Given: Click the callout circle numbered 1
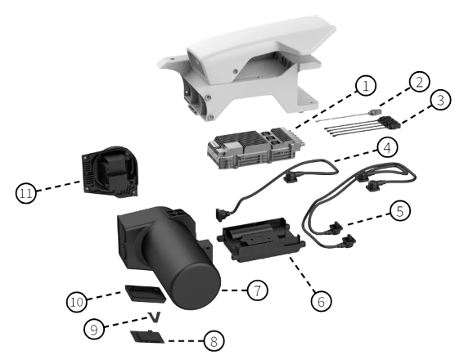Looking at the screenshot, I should point(365,85).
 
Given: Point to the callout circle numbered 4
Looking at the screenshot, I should point(387,147).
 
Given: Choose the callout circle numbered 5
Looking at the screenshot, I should point(399,211).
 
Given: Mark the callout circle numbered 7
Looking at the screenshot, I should point(257,289).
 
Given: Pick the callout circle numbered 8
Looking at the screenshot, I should point(215,340).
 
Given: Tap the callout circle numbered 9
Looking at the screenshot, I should point(94,329).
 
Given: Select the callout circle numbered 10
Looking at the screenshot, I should point(77,303).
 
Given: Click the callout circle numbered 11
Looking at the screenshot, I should point(26,193).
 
